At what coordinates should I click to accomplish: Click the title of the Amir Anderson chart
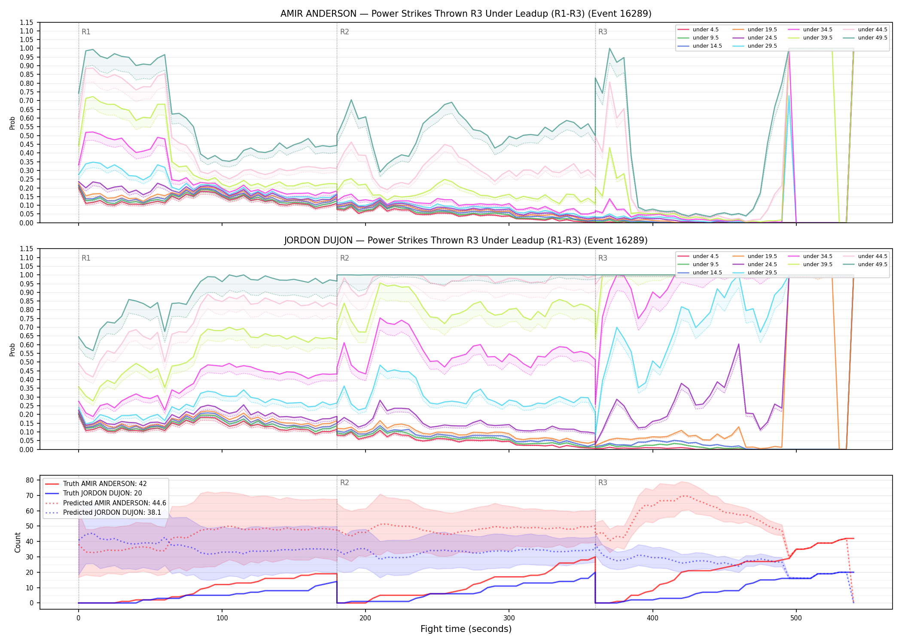[x=466, y=14]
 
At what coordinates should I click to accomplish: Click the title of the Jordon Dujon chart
[x=466, y=240]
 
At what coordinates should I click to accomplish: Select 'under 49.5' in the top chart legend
[x=872, y=38]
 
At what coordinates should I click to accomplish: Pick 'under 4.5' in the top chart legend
[x=705, y=30]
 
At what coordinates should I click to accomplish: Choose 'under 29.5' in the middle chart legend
[x=762, y=273]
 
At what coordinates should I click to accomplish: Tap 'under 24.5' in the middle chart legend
[x=762, y=264]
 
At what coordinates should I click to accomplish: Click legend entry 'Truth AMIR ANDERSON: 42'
[x=105, y=484]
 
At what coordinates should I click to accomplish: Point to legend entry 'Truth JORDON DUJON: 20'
[x=102, y=493]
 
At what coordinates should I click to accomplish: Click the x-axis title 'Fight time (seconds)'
[x=466, y=629]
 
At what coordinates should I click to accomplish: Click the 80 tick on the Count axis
[x=30, y=480]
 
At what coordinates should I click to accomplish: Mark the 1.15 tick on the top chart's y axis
[x=27, y=22]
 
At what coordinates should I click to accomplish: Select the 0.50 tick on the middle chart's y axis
[x=27, y=362]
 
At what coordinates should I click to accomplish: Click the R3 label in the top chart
[x=603, y=32]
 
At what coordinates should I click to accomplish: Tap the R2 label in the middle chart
[x=344, y=258]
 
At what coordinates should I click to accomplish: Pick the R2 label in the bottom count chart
[x=344, y=483]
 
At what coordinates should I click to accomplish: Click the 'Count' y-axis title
[x=18, y=542]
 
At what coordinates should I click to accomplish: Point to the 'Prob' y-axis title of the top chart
[x=12, y=123]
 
